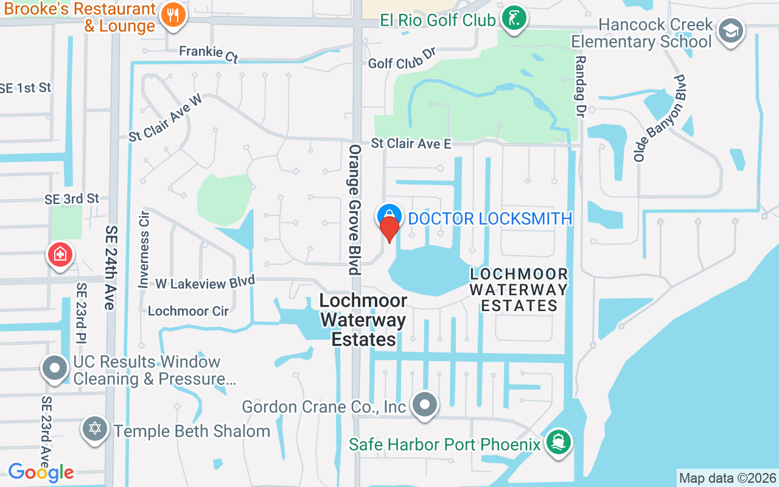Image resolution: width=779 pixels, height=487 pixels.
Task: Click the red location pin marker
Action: click(389, 229)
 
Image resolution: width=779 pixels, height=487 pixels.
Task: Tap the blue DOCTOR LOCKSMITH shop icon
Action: click(389, 215)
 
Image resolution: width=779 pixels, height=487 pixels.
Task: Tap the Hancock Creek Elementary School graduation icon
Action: click(730, 30)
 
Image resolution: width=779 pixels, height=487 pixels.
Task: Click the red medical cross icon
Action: click(60, 254)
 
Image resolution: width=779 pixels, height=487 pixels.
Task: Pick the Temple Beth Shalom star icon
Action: click(95, 429)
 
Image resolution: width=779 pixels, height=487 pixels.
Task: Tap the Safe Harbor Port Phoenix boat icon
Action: click(557, 441)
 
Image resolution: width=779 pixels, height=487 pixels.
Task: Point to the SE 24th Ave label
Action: click(111, 267)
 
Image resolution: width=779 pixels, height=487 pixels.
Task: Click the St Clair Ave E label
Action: click(411, 144)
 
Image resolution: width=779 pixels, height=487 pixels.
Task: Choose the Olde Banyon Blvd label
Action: click(659, 118)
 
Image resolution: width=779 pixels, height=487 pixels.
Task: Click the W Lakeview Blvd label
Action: click(204, 283)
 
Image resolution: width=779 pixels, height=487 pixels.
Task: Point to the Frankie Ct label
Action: click(209, 54)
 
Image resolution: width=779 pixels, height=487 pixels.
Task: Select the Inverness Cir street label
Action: click(144, 249)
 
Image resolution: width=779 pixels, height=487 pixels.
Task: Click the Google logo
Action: click(41, 472)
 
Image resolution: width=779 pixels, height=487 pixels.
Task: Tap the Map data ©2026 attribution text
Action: click(727, 478)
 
